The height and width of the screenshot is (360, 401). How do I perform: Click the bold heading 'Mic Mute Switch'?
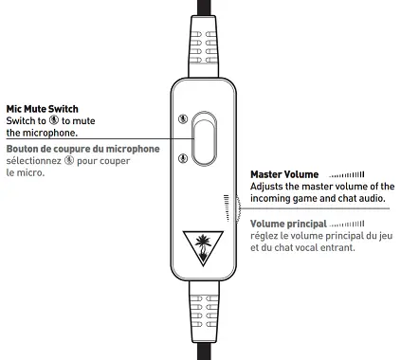click(43, 109)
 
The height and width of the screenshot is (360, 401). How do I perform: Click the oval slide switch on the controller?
click(203, 136)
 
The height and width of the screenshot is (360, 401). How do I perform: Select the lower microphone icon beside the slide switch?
click(181, 157)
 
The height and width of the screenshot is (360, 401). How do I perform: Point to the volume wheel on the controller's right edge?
click(228, 209)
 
